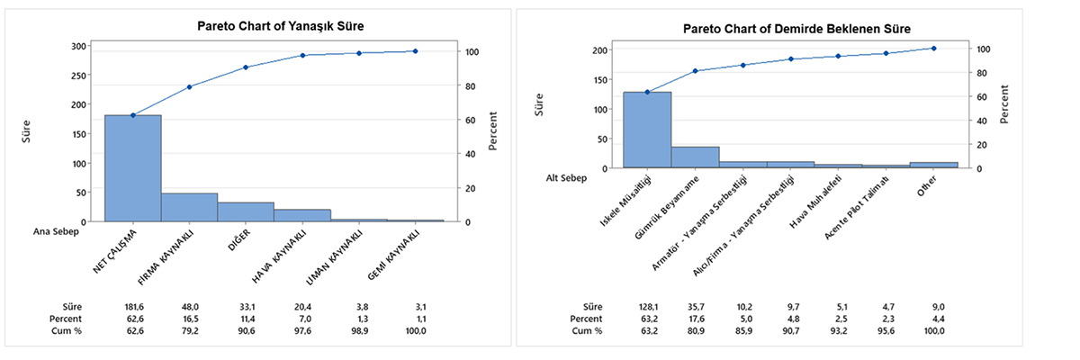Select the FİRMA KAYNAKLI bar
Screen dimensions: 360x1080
[189, 207]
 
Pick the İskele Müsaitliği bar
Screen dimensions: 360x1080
[647, 130]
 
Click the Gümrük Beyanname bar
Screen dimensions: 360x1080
[695, 157]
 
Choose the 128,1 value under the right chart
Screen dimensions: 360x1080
[647, 306]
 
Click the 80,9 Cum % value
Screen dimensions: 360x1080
[694, 331]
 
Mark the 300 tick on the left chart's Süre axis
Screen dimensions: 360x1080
[79, 46]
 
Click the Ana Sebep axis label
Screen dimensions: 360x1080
[54, 231]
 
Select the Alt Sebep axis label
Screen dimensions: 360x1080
[567, 178]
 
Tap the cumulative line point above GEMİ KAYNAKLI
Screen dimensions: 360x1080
[415, 51]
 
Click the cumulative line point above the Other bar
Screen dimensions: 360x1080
[934, 49]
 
